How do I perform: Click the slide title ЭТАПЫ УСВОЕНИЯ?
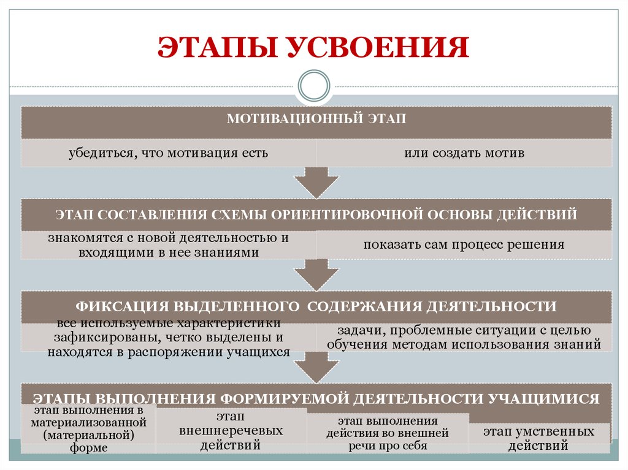click(314, 48)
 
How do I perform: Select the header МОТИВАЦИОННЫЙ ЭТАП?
click(316, 119)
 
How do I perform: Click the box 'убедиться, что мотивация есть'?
click(169, 153)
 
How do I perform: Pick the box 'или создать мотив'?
click(464, 153)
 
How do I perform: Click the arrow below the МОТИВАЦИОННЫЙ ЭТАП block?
click(316, 183)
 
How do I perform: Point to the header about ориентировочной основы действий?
click(316, 214)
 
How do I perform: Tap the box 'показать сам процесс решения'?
click(464, 245)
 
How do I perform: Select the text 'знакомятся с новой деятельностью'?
click(169, 238)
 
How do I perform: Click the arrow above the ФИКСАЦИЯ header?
click(316, 275)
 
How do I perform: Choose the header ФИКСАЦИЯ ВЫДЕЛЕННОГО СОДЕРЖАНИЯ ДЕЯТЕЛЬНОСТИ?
click(316, 306)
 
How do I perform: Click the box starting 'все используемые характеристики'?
click(169, 338)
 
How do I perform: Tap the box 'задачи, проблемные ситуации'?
click(464, 338)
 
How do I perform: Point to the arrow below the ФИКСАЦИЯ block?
click(316, 368)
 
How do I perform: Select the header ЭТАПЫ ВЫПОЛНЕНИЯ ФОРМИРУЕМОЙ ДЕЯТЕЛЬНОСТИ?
click(316, 399)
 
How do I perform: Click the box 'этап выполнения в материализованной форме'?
click(89, 429)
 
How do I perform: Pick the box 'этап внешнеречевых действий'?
click(231, 431)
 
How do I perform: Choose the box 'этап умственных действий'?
click(538, 439)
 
